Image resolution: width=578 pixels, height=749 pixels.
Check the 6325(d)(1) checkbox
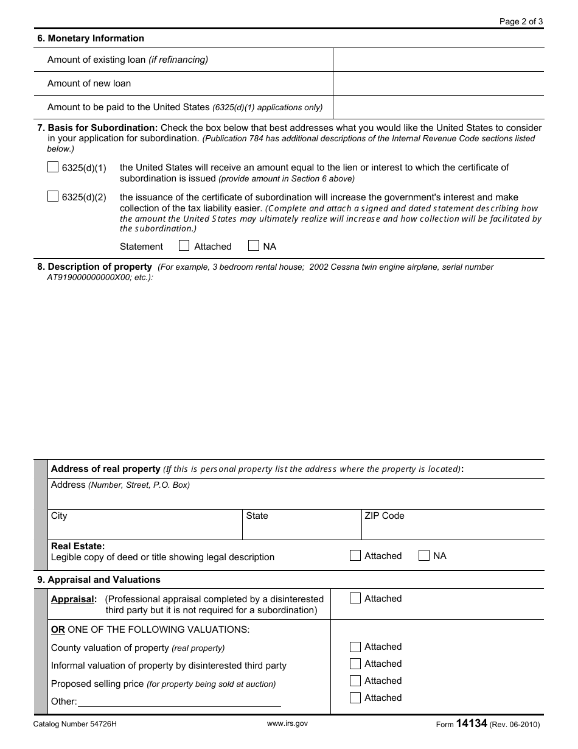(53, 167)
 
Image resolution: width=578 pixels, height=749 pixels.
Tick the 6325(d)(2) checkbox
(53, 197)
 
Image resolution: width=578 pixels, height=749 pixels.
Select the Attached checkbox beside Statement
(184, 246)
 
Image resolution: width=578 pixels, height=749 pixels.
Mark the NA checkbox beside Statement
(254, 246)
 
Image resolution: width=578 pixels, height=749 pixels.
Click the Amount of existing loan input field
(438, 60)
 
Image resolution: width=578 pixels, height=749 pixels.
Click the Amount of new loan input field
(438, 83)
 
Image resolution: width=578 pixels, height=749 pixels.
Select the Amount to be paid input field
(438, 107)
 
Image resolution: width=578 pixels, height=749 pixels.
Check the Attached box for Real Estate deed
(355, 555)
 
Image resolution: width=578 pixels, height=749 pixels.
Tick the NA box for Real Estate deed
(424, 555)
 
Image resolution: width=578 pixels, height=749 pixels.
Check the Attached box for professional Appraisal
(355, 599)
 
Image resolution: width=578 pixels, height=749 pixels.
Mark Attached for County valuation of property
(355, 647)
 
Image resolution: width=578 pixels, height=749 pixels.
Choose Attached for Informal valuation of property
(355, 664)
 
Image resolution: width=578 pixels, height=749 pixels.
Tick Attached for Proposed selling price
(355, 681)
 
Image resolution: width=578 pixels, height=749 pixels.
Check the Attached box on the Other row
(355, 698)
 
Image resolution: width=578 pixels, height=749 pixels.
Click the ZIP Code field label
(384, 516)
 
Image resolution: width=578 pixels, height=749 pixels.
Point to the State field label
(257, 516)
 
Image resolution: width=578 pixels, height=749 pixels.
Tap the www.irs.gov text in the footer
(287, 723)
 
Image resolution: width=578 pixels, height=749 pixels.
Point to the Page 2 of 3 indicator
(521, 21)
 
